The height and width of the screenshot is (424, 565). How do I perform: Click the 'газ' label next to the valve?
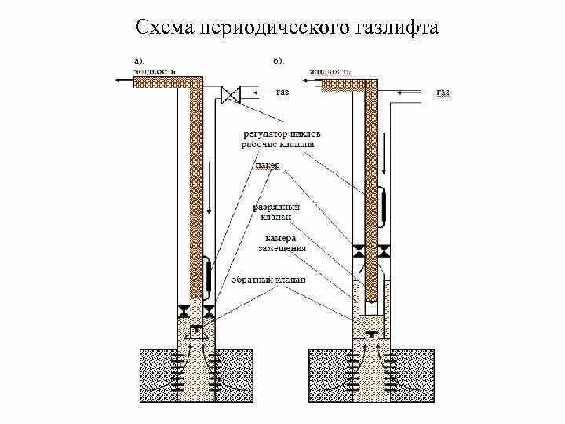click(x=282, y=92)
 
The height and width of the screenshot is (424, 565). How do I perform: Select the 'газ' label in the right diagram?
click(x=443, y=93)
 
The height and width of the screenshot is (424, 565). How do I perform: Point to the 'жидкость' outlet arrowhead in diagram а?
click(x=116, y=79)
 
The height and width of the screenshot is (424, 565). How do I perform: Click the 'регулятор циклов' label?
click(x=281, y=134)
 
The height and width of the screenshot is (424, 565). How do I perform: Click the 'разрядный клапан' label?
click(x=272, y=211)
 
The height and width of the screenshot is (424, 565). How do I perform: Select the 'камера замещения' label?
click(x=282, y=243)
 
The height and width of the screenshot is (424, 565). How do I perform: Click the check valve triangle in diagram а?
click(x=196, y=327)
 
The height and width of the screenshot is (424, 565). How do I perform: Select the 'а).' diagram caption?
click(x=138, y=59)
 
